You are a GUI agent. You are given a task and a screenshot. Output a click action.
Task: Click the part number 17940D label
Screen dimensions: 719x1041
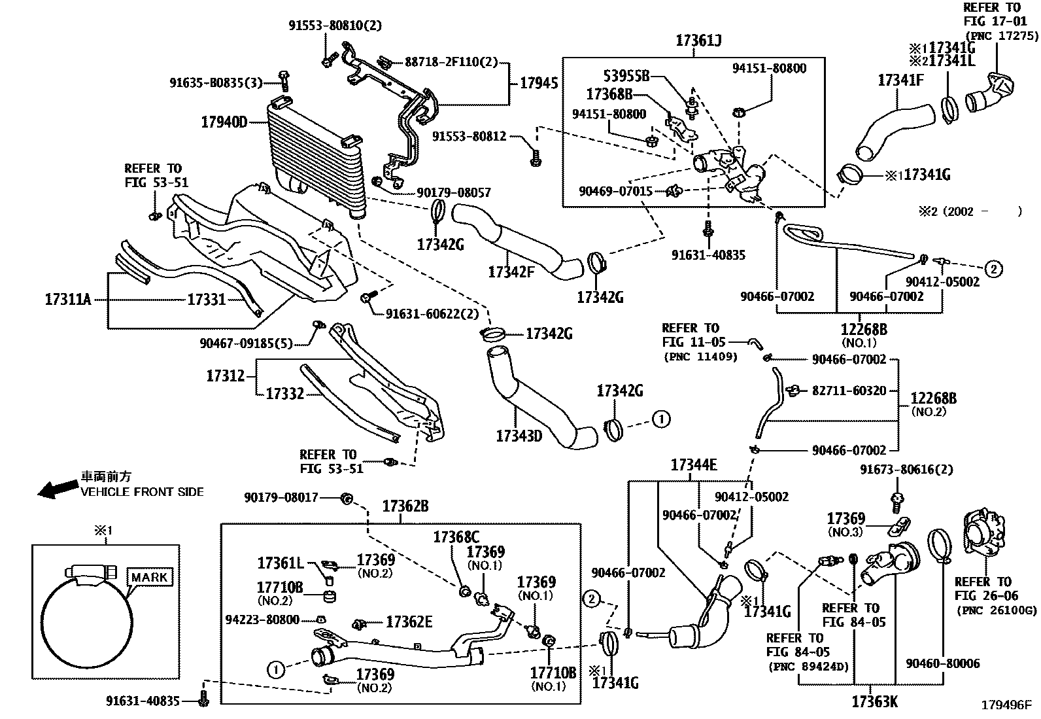(x=224, y=122)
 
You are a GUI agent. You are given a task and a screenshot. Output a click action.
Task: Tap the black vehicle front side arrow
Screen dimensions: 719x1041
(x=56, y=489)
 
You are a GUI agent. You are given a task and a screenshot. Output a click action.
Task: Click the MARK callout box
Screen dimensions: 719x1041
(x=150, y=577)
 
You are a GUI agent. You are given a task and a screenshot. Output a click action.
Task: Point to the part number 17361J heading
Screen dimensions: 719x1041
(x=698, y=41)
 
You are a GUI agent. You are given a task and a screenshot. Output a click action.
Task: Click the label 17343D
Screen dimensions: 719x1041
(x=519, y=435)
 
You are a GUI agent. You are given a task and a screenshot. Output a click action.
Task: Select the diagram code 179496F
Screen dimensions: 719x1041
(x=1006, y=705)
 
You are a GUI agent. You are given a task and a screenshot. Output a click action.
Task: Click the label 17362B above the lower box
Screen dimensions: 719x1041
(x=405, y=506)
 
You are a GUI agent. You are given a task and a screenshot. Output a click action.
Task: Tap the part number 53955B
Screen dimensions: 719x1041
(x=626, y=77)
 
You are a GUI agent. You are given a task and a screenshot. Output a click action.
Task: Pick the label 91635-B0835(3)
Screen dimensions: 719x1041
(x=216, y=82)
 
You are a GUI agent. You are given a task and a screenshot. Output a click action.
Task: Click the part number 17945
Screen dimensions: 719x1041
(x=539, y=83)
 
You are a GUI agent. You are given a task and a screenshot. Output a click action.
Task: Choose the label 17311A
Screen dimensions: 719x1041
(x=68, y=300)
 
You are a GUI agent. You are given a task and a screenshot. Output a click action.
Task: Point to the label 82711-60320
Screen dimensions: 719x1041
(x=849, y=391)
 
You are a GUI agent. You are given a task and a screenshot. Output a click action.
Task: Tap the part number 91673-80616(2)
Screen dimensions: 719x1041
(x=906, y=469)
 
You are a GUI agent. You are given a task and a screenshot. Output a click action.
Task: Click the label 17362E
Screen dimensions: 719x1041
(x=409, y=622)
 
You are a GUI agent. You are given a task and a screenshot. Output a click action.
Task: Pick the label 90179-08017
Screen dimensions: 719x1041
(x=281, y=498)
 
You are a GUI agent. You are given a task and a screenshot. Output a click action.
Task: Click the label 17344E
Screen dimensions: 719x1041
(x=693, y=465)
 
